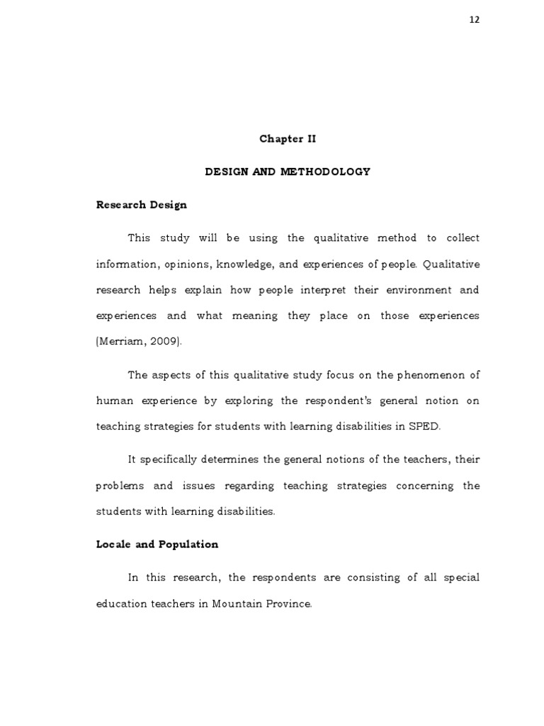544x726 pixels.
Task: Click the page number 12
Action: [475, 20]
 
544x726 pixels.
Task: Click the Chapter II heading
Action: [288, 139]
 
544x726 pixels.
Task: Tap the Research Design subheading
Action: [142, 205]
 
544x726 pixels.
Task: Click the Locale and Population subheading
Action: [157, 544]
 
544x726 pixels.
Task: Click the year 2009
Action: [163, 342]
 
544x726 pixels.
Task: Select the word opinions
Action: [187, 264]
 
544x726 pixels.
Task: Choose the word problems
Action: [120, 486]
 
